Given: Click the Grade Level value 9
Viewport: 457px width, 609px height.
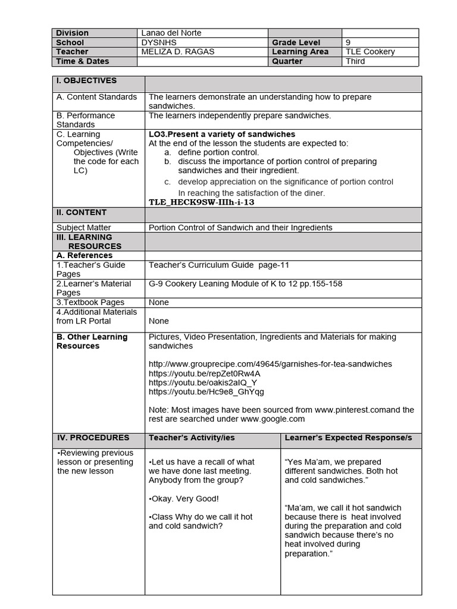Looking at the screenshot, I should [x=348, y=43].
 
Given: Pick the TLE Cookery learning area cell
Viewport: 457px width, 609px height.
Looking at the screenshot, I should [x=370, y=52].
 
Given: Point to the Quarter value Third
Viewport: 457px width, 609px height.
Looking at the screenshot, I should [x=355, y=61].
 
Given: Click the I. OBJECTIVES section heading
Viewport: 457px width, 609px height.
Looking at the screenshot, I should [x=87, y=81].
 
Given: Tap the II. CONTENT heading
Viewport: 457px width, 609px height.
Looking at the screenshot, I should [x=82, y=212].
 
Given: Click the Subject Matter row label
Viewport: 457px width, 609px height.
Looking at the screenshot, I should [x=84, y=227].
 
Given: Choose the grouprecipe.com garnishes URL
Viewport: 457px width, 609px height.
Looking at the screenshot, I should [x=270, y=364].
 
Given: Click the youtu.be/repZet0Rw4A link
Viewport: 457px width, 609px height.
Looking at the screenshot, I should [x=204, y=373].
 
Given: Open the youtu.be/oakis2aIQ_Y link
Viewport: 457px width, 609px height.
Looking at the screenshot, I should [x=203, y=382].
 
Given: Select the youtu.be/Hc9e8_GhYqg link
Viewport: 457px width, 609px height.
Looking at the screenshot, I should [x=206, y=392].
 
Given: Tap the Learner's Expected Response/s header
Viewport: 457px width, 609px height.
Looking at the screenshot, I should [x=348, y=438].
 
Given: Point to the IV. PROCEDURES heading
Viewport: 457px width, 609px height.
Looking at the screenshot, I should [x=93, y=438].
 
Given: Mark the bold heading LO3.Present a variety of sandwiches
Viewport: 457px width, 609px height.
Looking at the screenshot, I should [x=222, y=134].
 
